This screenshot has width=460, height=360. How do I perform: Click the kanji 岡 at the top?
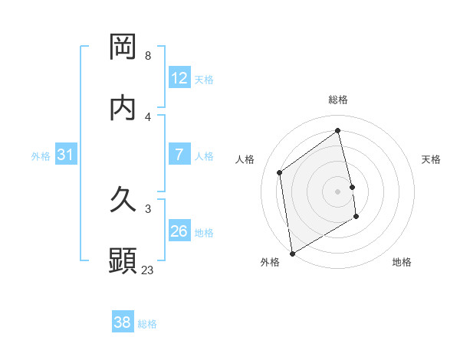pos(123,47)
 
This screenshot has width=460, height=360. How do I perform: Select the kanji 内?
pos(123,108)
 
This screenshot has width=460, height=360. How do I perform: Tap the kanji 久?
pos(123,200)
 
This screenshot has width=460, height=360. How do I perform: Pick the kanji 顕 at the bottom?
pos(123,261)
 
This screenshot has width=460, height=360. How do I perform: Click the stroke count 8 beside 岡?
pos(147,56)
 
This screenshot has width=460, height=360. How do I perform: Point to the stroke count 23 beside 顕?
pos(148,270)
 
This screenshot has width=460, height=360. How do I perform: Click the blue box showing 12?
pos(179,78)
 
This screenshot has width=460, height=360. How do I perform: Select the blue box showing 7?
pos(179,155)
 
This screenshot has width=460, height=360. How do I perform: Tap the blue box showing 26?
pos(179,231)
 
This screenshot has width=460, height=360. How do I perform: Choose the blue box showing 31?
pos(66,155)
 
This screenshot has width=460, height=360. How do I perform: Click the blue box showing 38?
pos(123,323)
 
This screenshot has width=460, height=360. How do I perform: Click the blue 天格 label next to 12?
pos(204,80)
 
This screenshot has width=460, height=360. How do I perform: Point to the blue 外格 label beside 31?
pos(41,156)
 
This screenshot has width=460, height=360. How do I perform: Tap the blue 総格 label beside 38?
pos(147,325)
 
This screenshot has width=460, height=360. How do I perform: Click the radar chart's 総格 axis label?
pos(338,100)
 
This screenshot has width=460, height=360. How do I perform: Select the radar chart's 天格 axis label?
pos(432,159)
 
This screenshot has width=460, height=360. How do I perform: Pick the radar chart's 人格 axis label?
pos(245,159)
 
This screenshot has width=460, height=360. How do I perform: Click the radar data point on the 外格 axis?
pos(292,253)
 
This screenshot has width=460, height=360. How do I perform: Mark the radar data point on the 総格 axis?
pos(338,131)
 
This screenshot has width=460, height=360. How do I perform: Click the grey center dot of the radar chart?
pos(338,191)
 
